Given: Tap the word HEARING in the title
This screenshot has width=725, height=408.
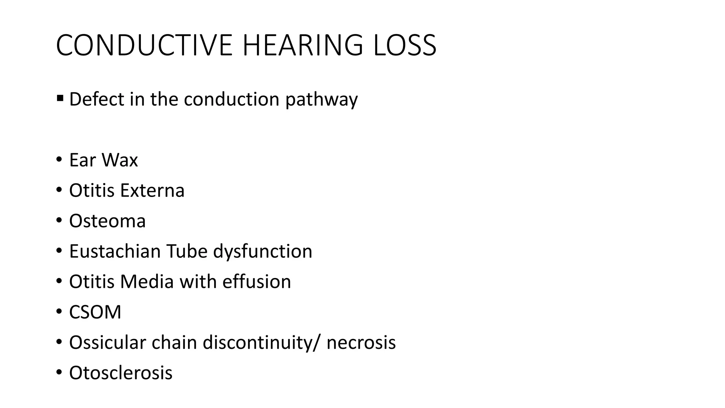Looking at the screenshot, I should click(x=303, y=45).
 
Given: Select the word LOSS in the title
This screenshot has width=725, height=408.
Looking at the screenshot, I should click(x=405, y=45).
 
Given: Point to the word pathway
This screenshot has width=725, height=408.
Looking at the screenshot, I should click(x=321, y=100).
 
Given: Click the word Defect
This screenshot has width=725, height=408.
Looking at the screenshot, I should click(x=96, y=99).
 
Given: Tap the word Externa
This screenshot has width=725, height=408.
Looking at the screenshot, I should click(x=152, y=191).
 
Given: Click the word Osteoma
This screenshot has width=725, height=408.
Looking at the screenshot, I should click(x=107, y=221).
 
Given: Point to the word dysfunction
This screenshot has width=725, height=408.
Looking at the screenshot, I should click(x=263, y=251).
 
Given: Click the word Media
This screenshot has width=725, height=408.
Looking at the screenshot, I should click(x=147, y=282).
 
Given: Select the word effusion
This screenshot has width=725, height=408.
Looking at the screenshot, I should click(x=257, y=282).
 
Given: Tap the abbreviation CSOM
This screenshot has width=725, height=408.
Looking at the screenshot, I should click(x=95, y=312).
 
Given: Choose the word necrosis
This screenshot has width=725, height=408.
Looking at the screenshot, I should click(x=361, y=342).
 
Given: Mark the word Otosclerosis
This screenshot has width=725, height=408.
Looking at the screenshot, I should click(x=121, y=373).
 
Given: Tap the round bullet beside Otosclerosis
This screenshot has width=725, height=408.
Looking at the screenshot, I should click(x=59, y=373).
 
